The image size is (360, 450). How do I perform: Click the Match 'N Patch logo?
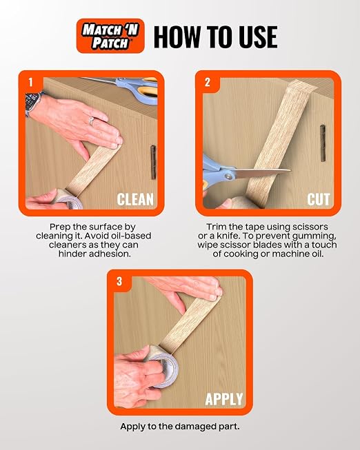[x=110, y=36]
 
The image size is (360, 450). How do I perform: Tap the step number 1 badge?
[x=30, y=83]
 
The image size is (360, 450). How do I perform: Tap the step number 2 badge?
[x=208, y=83]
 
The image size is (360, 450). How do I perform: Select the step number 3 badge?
[x=119, y=282]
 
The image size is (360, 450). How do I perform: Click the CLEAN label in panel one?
[x=135, y=199]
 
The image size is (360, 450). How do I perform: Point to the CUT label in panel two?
[x=318, y=199]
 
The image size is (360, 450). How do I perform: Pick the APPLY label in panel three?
[x=224, y=399]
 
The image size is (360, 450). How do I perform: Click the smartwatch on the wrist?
[x=31, y=103]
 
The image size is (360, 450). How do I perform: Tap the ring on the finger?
[x=91, y=121]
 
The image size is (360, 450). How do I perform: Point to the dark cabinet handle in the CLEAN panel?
[x=153, y=163]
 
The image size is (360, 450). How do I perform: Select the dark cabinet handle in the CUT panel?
[x=323, y=143]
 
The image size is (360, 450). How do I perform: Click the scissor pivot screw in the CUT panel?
[x=228, y=176]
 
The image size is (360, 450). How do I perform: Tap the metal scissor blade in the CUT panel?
[x=262, y=173]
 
